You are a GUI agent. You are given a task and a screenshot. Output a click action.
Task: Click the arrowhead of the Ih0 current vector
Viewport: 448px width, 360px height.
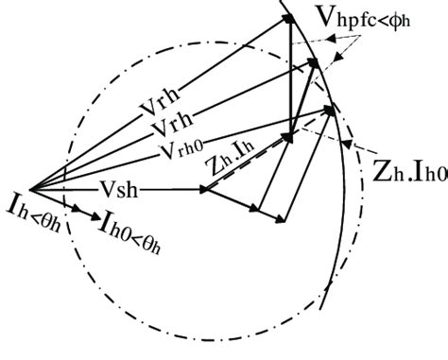pos(97,216)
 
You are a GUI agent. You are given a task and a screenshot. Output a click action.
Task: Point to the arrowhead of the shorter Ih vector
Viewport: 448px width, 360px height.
pos(61,202)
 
